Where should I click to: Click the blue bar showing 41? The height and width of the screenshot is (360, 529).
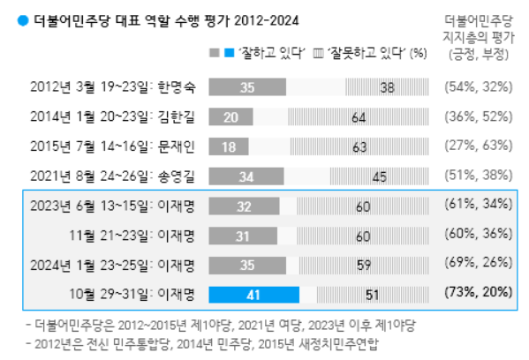tap(255, 293)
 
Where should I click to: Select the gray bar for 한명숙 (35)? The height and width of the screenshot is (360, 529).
tap(246, 87)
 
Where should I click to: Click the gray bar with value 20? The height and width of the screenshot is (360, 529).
tap(231, 117)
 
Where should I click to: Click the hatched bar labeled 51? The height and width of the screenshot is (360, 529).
tap(372, 293)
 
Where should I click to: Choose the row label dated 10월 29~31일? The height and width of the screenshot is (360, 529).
tap(144, 293)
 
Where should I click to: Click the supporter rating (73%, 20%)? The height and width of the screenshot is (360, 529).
tap(478, 292)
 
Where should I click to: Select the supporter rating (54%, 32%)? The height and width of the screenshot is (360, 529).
tap(478, 87)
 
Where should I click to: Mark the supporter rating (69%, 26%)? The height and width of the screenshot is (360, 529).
tap(478, 263)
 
